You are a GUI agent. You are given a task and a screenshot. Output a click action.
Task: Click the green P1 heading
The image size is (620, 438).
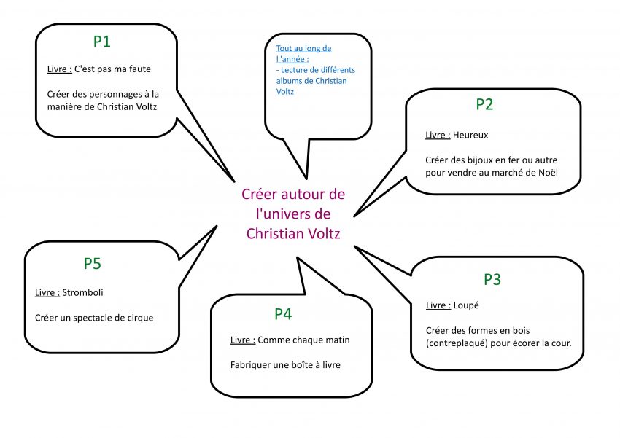click(102, 42)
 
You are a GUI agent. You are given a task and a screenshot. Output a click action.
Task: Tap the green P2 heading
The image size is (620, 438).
click(484, 104)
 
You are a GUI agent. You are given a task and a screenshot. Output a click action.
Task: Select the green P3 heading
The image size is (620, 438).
click(492, 280)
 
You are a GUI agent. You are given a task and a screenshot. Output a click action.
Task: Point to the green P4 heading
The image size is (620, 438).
click(283, 314)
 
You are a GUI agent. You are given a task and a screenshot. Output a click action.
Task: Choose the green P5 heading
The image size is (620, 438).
click(92, 264)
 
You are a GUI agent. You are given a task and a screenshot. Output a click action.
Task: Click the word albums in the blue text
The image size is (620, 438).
click(290, 81)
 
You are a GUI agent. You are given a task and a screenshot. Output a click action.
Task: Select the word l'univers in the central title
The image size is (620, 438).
click(293, 214)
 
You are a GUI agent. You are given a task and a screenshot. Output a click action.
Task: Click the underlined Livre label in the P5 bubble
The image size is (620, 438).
click(47, 293)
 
